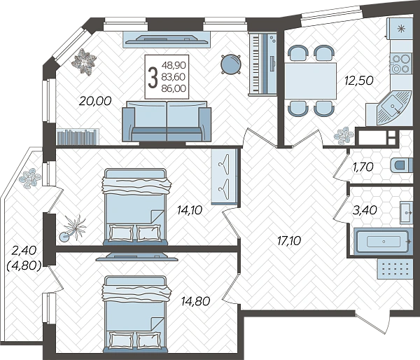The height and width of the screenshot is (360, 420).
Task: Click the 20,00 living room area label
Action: [x=95, y=101]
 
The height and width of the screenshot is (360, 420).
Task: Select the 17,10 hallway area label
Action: [x=289, y=241]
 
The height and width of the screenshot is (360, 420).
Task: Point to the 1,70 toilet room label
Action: [x=363, y=167]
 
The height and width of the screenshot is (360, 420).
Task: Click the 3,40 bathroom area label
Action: [x=365, y=210]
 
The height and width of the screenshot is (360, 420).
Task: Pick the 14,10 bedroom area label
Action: [x=190, y=210]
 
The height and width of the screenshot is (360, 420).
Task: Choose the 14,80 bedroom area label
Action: [x=195, y=302]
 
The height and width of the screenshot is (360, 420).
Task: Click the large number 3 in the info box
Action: [x=153, y=77]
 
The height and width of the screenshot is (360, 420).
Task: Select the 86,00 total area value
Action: [x=174, y=88]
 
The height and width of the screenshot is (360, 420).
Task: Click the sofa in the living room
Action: [x=167, y=121]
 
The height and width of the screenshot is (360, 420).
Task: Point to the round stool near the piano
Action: [x=230, y=64]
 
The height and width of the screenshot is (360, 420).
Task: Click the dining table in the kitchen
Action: [x=310, y=81]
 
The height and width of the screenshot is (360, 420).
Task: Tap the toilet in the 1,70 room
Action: [x=402, y=165]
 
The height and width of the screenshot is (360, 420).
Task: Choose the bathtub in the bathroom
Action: [x=382, y=241]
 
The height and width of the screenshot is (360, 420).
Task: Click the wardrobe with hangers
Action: [x=225, y=176]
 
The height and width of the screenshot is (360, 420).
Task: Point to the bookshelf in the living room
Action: [x=78, y=137]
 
